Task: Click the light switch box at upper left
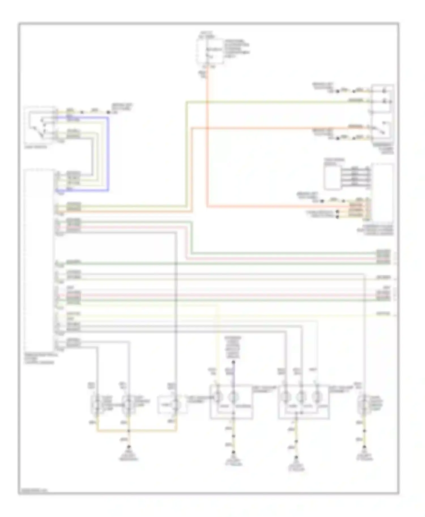click(x=40, y=125)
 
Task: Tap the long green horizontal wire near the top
click(x=269, y=102)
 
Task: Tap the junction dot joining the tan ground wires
click(x=129, y=431)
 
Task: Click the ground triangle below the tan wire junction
click(x=129, y=448)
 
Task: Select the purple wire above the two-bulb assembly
click(x=233, y=375)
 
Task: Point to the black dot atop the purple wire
click(x=233, y=362)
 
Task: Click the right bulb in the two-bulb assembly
click(x=233, y=398)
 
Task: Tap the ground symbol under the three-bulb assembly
click(x=296, y=458)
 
